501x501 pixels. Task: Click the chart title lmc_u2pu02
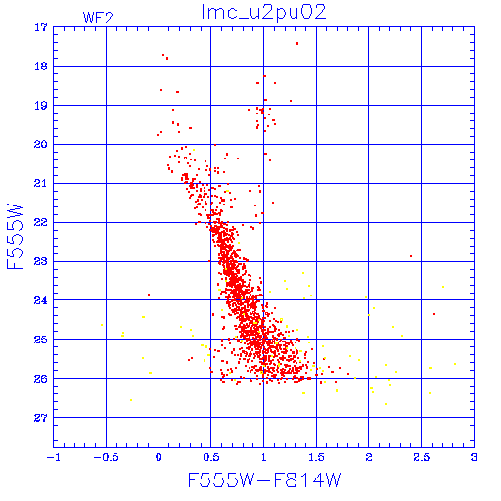coord(263,13)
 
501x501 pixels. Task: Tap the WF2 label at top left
coord(98,18)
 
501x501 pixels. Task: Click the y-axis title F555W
coord(15,237)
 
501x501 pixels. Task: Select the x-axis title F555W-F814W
coord(264,479)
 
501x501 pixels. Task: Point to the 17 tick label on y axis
coord(41,27)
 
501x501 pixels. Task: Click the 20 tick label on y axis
coord(41,144)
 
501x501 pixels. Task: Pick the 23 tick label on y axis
coord(41,261)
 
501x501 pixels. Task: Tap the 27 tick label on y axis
coord(41,417)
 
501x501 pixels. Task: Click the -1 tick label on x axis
coord(53,457)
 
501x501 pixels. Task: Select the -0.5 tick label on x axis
coord(106,457)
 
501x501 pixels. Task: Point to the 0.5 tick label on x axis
coord(211,457)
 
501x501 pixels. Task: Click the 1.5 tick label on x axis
coord(316,457)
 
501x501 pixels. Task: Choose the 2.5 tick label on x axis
coord(421,457)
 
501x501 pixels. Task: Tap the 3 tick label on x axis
coord(474,457)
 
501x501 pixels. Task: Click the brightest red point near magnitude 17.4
coord(297,43)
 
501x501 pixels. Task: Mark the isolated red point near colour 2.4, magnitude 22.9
coord(411,256)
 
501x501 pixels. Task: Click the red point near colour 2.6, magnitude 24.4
coord(433,314)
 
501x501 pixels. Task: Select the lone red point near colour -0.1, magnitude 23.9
coord(149,295)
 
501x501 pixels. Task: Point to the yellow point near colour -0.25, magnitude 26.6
coord(131,400)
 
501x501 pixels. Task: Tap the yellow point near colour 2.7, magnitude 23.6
coord(443,287)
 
